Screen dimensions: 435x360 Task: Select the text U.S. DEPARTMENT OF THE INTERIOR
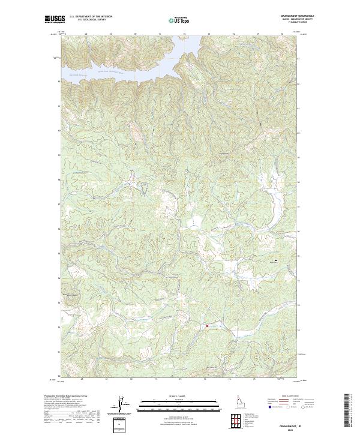click(91, 17)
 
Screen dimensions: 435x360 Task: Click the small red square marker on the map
click(207, 326)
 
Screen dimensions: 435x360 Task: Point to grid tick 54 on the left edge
click(58, 278)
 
